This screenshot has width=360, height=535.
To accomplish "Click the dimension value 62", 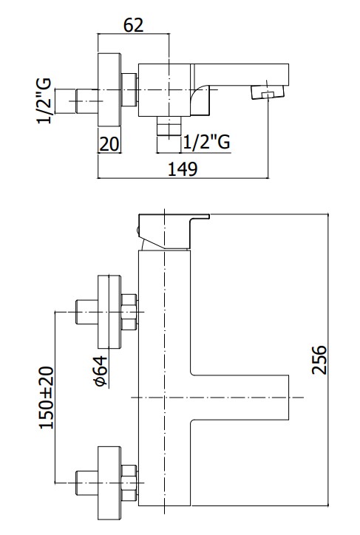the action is (133, 25).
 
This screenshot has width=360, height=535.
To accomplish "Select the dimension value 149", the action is (183, 169).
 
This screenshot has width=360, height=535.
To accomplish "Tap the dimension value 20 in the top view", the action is (109, 143).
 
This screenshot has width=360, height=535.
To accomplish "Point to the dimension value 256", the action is (319, 360).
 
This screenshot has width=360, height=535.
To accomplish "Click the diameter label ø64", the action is (101, 371).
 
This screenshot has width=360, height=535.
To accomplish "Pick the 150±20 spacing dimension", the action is (47, 398).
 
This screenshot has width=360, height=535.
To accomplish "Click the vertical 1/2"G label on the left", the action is (44, 101).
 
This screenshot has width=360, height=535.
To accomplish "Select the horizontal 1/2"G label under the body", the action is (207, 142).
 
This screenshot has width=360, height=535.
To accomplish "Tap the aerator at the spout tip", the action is (268, 92).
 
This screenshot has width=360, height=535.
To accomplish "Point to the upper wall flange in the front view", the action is (109, 312).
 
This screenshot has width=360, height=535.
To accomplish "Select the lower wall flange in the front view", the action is (109, 483).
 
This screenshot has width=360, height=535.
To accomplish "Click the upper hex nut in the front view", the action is (129, 312).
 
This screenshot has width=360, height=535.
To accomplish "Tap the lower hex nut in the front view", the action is (129, 483).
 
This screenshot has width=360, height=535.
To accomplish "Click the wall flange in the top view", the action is (109, 89).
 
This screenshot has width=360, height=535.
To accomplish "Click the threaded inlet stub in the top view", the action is (76, 101).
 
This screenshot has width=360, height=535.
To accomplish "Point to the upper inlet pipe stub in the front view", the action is (86, 312).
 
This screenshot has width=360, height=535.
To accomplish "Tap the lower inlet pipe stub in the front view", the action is (86, 483).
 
